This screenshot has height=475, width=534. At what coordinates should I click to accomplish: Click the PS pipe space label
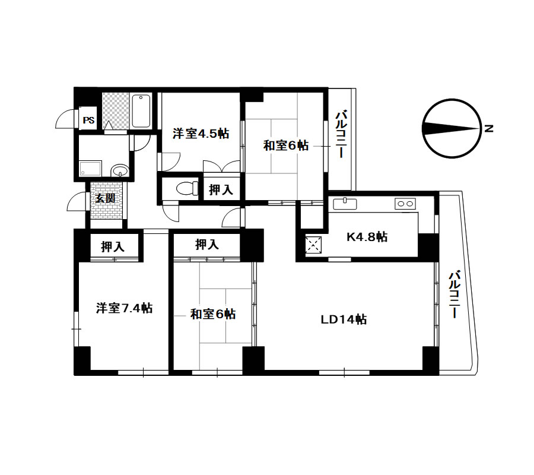[x=88, y=121]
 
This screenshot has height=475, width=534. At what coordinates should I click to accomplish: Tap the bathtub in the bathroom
[x=141, y=111]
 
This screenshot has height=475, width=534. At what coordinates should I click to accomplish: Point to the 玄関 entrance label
[x=105, y=198]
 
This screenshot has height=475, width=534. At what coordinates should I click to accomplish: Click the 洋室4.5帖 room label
[x=201, y=133]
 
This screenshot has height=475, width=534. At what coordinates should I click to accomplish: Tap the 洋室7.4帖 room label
[x=124, y=308]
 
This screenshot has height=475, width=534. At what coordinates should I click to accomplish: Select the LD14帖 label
[x=344, y=319]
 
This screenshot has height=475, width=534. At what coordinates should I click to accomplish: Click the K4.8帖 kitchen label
[x=367, y=236]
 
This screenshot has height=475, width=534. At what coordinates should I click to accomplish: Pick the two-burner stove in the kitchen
[x=405, y=204]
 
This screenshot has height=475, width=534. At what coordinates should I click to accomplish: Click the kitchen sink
[x=345, y=204]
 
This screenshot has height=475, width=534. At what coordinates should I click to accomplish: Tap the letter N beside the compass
[x=489, y=129]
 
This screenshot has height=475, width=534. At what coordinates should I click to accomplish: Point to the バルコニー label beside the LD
[x=454, y=294]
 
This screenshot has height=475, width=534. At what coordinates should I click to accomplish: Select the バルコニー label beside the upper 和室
[x=341, y=134]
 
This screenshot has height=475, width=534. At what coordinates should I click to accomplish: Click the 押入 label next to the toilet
[x=221, y=190]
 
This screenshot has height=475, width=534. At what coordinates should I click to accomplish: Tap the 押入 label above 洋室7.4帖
[x=113, y=246]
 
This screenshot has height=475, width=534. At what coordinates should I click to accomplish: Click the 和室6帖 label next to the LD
[x=213, y=314]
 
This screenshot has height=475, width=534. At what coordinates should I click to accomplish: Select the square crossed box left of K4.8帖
[x=313, y=245]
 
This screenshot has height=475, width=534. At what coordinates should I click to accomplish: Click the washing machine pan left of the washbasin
[x=90, y=169]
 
